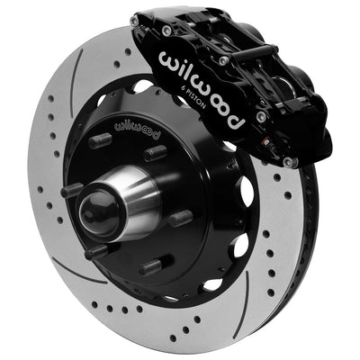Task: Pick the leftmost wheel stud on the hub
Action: [x=72, y=192]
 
